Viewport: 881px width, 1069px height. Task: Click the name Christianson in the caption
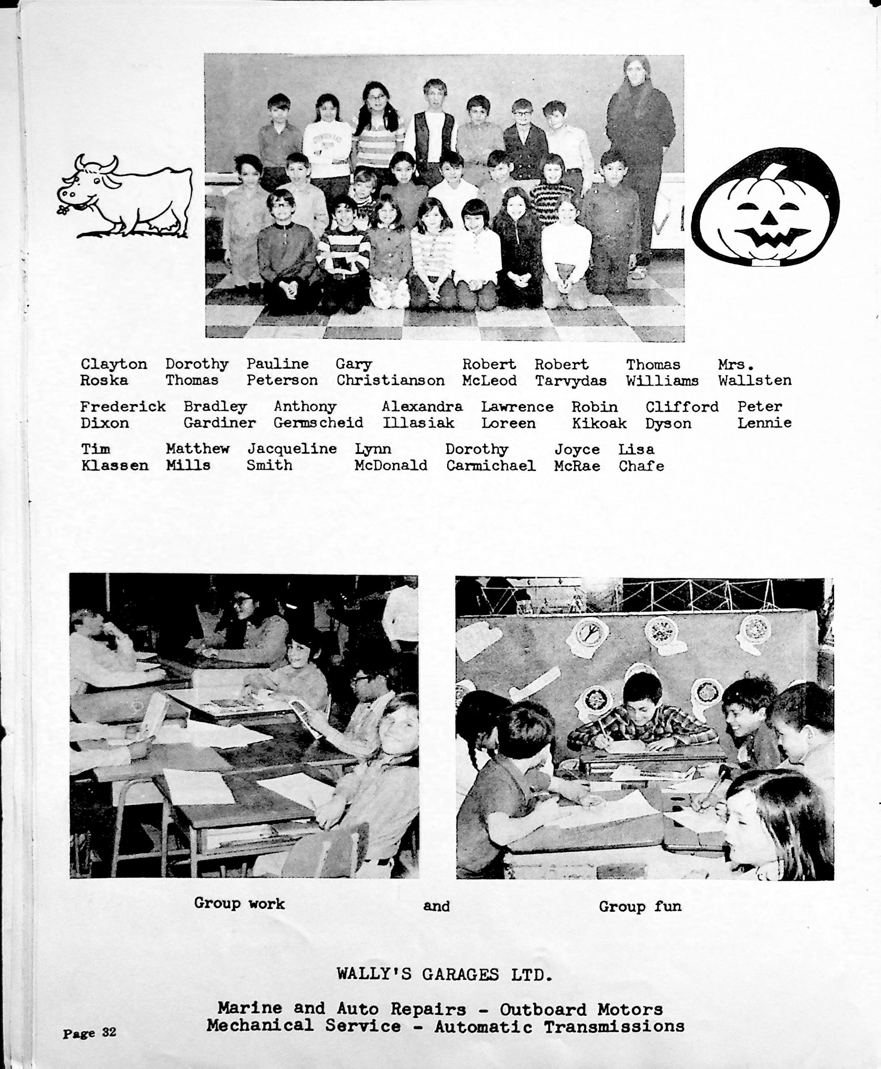390,380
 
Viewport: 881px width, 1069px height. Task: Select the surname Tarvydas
570,381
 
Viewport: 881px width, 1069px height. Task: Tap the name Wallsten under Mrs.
754,380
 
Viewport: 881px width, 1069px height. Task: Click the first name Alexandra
422,407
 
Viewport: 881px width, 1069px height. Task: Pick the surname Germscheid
318,423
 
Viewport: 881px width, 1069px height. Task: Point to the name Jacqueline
292,449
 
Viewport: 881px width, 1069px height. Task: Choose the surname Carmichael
491,466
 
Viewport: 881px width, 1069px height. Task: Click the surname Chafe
641,466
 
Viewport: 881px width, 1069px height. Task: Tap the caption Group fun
640,906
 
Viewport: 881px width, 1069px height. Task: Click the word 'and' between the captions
436,906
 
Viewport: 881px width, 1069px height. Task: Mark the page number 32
109,1032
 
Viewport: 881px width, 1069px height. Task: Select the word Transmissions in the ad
614,1027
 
